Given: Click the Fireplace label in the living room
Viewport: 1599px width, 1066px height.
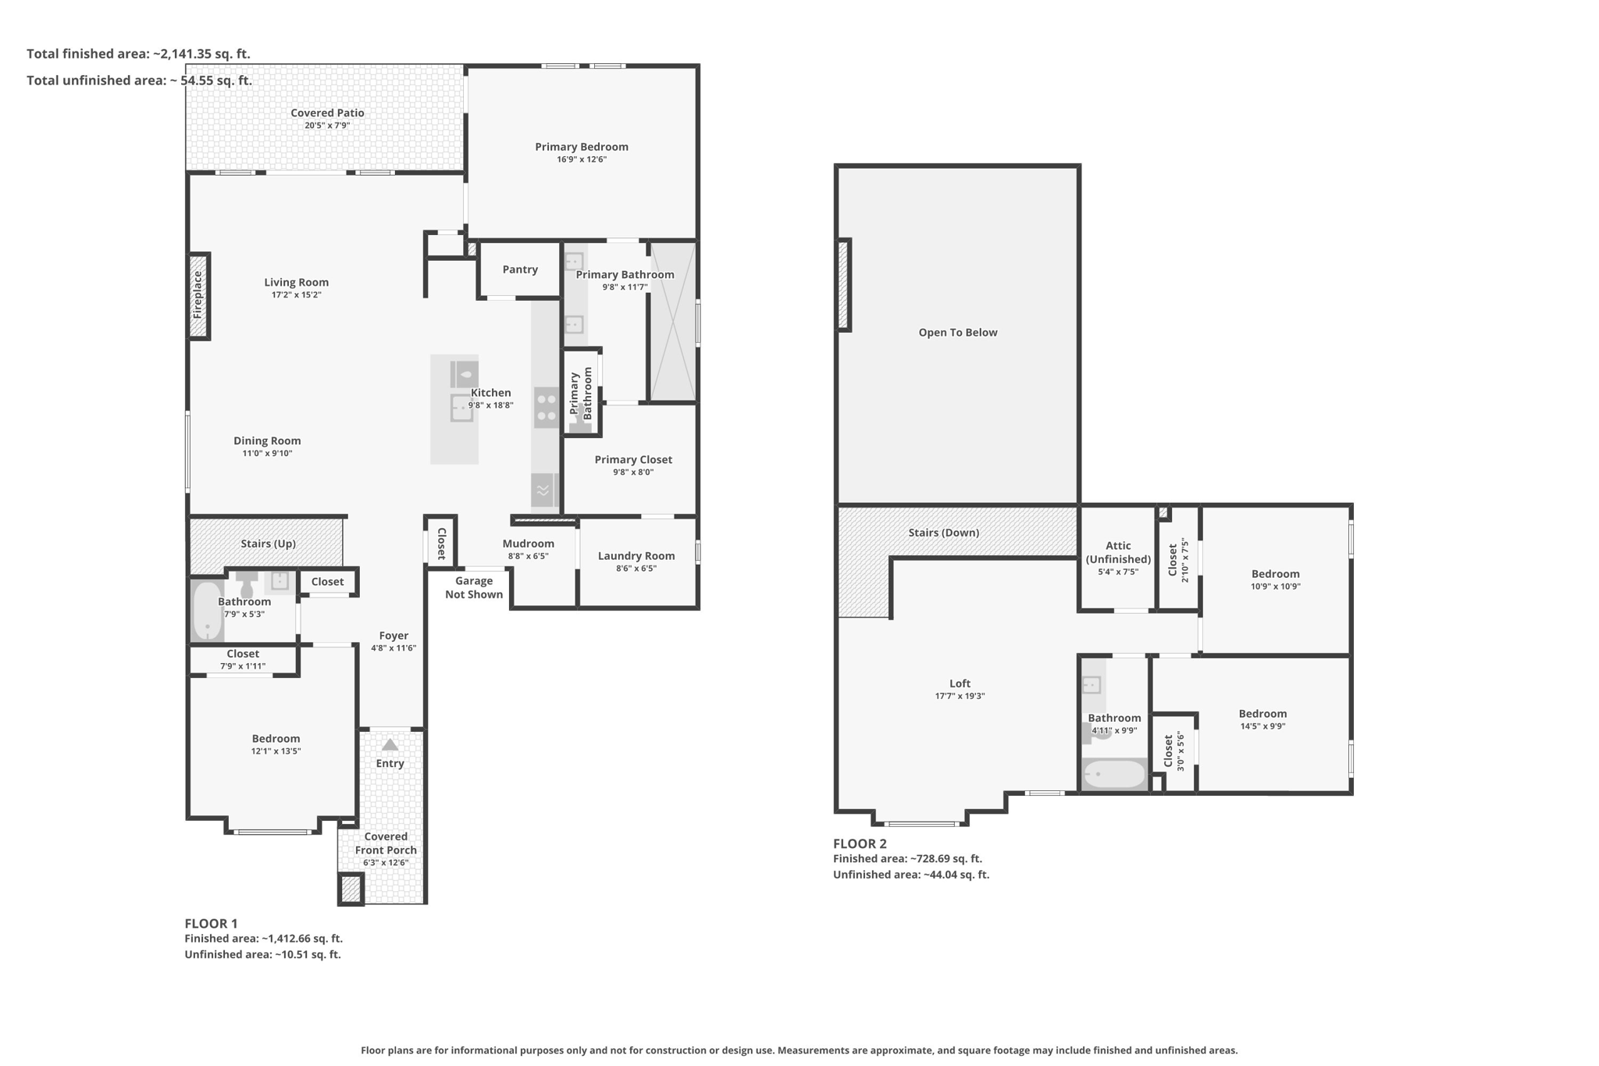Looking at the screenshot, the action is [198, 294].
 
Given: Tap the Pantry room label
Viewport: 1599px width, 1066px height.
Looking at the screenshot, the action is [520, 269].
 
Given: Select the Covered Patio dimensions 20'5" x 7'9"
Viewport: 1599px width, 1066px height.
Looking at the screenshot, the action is [327, 126].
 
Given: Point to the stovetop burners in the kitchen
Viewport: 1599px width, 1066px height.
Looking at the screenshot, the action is [547, 408].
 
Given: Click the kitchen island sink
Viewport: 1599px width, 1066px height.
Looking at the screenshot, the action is [461, 408].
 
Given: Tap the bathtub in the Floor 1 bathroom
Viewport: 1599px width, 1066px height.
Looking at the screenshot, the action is [208, 611].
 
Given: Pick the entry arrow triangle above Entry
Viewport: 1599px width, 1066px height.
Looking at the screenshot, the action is [390, 745].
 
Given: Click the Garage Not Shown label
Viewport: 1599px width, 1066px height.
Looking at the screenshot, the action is [474, 587].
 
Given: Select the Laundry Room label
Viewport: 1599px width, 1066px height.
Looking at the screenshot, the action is [636, 556].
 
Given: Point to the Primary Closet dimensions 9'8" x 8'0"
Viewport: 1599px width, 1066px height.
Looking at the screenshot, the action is [633, 472].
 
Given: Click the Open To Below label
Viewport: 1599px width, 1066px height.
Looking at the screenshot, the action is [958, 333].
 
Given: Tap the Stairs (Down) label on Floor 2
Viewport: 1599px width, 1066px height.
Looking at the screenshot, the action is [944, 533].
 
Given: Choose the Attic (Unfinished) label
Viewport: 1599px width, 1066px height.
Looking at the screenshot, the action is [1118, 552].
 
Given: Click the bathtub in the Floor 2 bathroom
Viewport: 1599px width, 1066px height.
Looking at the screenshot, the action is [1115, 775].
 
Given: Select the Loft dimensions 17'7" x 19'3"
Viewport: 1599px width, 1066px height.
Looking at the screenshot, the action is [960, 696].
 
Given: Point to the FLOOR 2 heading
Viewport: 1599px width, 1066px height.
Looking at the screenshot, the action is [860, 843].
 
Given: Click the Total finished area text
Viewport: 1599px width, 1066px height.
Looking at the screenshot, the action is [138, 54].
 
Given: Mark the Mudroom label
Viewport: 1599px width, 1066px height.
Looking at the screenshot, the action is [529, 544].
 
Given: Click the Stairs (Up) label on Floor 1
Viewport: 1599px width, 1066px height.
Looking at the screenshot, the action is [268, 544].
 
